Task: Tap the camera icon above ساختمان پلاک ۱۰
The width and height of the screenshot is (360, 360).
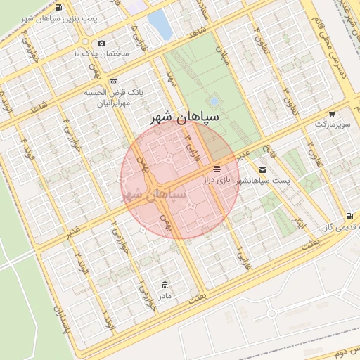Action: click(102, 44)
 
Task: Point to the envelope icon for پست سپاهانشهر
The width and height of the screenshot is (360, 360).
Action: click(262, 170)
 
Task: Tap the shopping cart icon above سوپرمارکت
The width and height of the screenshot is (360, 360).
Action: click(331, 113)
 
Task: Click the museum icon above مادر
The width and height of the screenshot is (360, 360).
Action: click(165, 285)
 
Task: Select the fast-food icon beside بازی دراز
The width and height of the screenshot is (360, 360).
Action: click(217, 169)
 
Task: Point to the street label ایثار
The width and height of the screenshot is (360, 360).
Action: click(298, 224)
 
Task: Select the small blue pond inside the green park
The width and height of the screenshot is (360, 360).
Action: click(213, 102)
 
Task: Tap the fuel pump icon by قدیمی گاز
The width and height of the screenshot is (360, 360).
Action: click(349, 216)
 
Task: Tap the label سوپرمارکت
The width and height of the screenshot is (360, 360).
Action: click(331, 124)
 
